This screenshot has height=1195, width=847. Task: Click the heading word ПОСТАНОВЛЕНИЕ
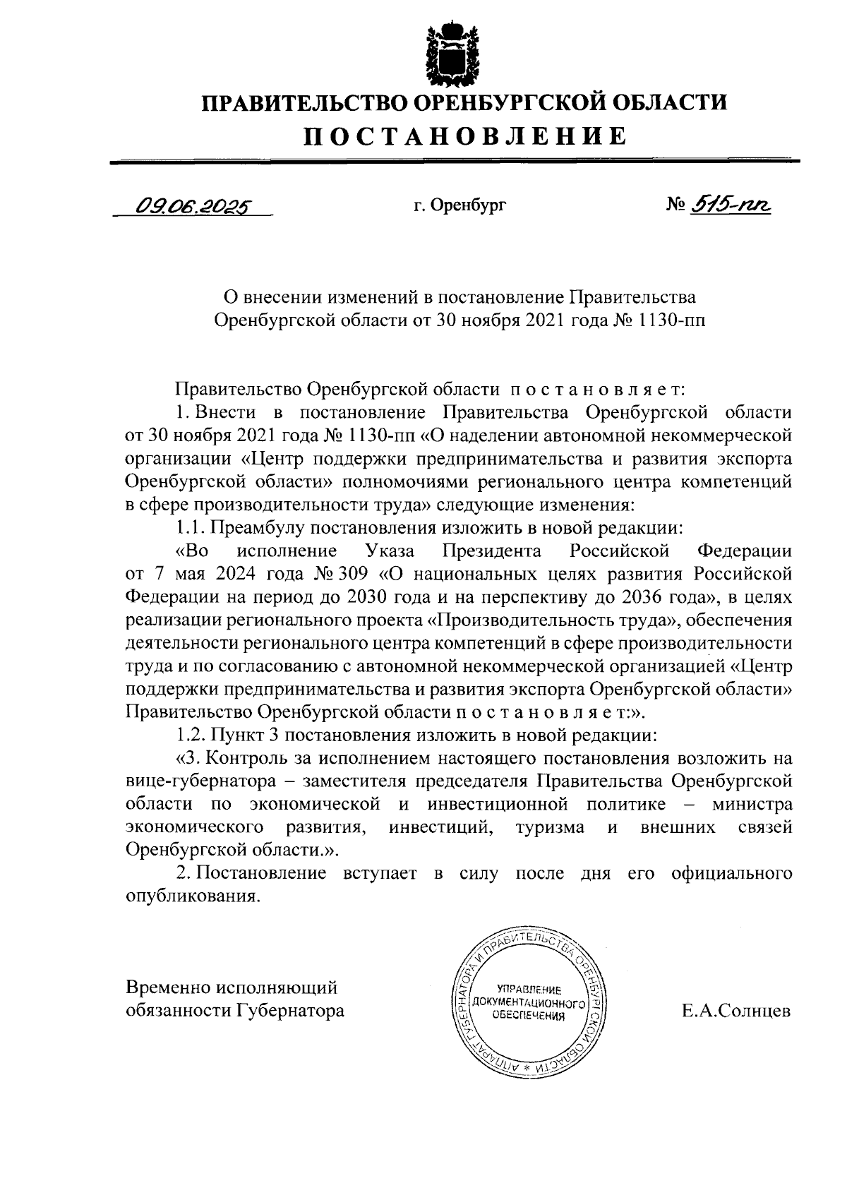pyautogui.click(x=464, y=136)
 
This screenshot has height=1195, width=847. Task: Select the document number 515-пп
pyautogui.click(x=731, y=205)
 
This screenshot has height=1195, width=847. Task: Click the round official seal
pyautogui.click(x=529, y=1002)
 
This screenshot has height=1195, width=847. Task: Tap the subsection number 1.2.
pyautogui.click(x=191, y=735)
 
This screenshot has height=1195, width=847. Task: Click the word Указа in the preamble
pyautogui.click(x=390, y=550)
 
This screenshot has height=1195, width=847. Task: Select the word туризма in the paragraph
pyautogui.click(x=550, y=827)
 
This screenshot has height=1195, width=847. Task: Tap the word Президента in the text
pyautogui.click(x=491, y=550)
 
